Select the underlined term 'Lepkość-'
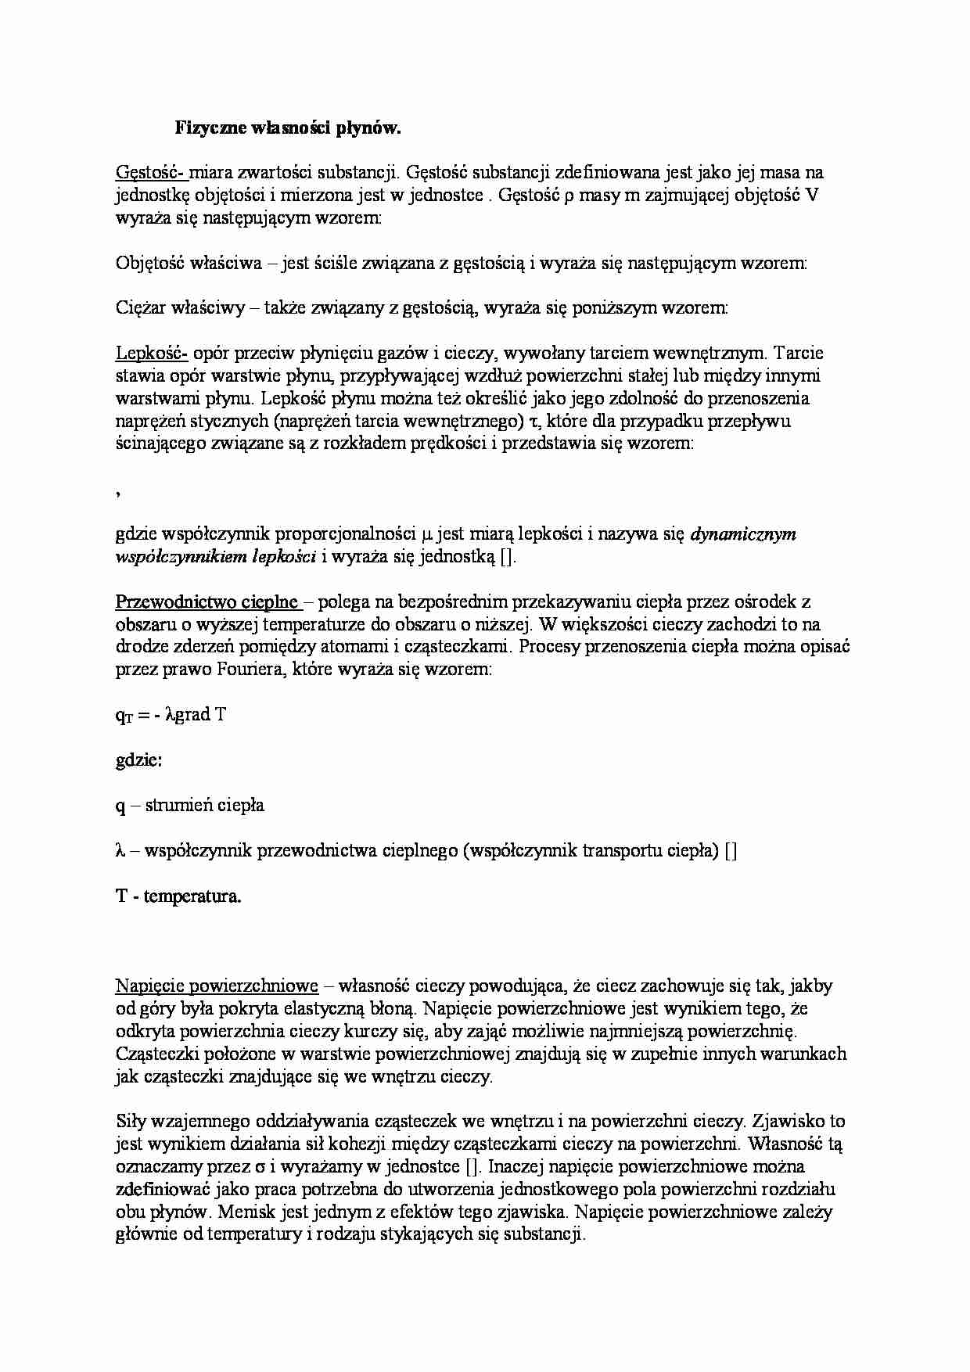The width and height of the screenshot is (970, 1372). pyautogui.click(x=151, y=354)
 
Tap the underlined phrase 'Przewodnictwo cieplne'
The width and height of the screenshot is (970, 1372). pyautogui.click(x=207, y=602)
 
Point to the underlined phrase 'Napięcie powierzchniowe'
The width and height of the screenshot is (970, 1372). pyautogui.click(x=217, y=986)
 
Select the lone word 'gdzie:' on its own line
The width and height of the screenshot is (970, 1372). pyautogui.click(x=138, y=760)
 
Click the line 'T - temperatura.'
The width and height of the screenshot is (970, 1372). pyautogui.click(x=178, y=896)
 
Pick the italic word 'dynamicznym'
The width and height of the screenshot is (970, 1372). pyautogui.click(x=744, y=534)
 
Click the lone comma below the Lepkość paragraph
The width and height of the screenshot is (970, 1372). pyautogui.click(x=117, y=491)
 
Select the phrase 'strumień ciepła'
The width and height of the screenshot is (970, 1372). pyautogui.click(x=205, y=806)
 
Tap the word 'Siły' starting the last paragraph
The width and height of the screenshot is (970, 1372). pyautogui.click(x=130, y=1122)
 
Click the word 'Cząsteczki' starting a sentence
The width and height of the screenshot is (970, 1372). pyautogui.click(x=153, y=1054)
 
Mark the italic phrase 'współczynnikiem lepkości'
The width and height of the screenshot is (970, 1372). pyautogui.click(x=215, y=557)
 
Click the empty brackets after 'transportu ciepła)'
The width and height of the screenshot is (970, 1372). pyautogui.click(x=731, y=851)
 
